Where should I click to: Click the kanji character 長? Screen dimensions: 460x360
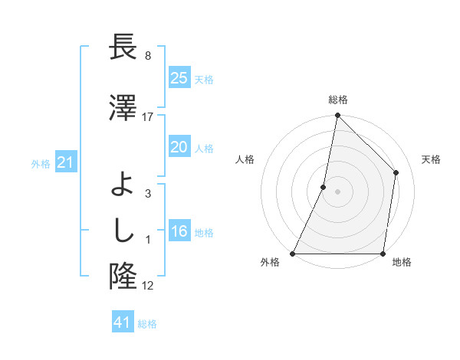point(123,47)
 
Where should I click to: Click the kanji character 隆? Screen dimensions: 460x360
point(123,274)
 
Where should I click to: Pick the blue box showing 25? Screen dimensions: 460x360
point(179,77)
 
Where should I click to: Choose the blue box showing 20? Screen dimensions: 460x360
point(179,147)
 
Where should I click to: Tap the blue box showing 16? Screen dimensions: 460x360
point(179,231)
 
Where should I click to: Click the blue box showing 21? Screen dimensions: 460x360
point(66,162)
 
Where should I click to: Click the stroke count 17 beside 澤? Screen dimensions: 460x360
point(148,116)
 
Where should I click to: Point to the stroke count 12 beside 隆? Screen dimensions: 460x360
point(148,285)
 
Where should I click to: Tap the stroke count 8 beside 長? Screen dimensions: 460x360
point(148,55)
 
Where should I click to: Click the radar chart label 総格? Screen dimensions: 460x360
point(338,100)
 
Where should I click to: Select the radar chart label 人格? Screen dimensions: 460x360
point(245,159)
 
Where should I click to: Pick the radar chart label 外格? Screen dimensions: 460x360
point(270,262)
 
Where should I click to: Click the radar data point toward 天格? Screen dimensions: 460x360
point(396,172)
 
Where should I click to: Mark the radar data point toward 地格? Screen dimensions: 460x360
point(383,254)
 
